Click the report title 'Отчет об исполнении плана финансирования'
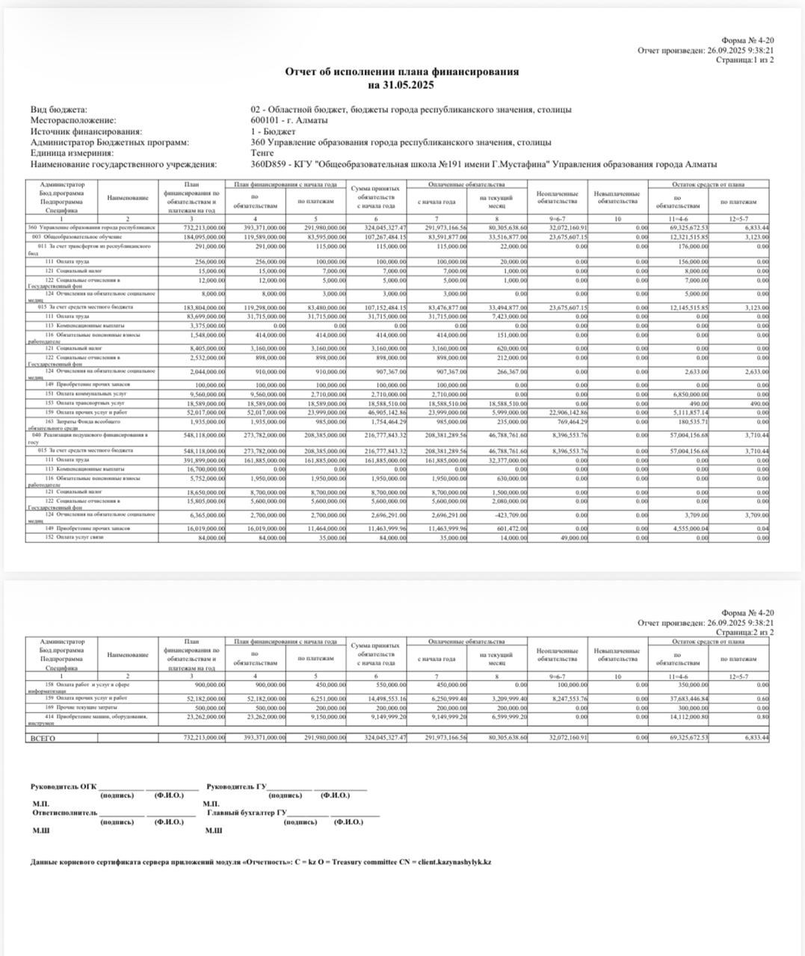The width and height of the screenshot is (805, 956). [x=401, y=72]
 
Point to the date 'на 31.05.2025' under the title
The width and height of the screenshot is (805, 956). [x=401, y=85]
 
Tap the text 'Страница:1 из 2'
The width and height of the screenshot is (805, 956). [x=744, y=60]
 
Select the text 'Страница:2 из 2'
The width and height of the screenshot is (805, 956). [x=744, y=633]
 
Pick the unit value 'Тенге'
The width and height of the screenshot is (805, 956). [x=262, y=153]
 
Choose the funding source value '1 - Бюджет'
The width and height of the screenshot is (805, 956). [x=273, y=131]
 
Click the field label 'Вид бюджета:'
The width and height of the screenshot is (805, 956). [x=59, y=110]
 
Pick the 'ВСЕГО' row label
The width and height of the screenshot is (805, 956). [x=43, y=738]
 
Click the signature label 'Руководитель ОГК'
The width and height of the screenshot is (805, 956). [x=64, y=786]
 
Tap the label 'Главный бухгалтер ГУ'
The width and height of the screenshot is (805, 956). [x=247, y=813]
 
